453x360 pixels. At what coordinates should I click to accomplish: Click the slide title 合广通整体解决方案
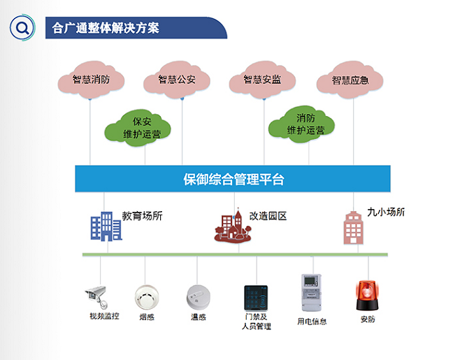(106, 29)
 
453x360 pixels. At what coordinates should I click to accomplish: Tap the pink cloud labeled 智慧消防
(91, 80)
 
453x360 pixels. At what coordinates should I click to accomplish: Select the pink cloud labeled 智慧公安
(177, 80)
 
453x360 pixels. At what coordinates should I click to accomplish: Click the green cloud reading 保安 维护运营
(142, 127)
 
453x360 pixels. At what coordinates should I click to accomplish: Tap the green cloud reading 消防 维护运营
(305, 124)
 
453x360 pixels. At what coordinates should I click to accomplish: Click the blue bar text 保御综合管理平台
(233, 180)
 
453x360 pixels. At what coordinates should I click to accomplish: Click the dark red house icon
(233, 226)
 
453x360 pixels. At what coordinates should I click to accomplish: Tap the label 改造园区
(268, 216)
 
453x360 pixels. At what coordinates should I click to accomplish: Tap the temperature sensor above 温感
(198, 295)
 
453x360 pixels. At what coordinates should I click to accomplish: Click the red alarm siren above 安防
(367, 296)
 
